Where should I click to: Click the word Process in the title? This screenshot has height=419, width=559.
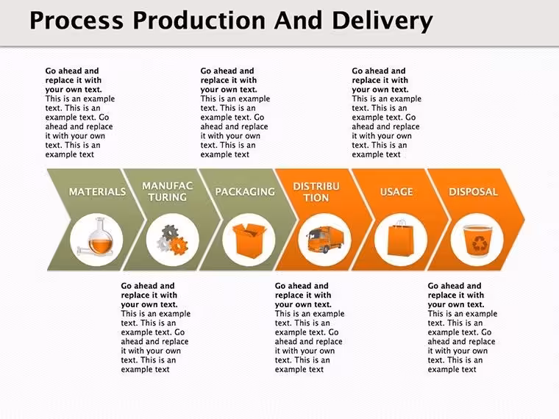[76, 21]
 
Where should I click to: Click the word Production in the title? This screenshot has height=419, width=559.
[199, 21]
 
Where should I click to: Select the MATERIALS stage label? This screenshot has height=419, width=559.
[97, 192]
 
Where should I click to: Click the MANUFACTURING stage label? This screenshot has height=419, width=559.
[168, 191]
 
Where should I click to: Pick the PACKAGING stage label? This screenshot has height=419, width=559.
[245, 192]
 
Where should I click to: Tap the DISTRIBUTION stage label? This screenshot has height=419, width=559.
[316, 192]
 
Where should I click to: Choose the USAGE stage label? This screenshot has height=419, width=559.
[396, 192]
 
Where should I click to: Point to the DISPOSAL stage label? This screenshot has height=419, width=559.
[473, 192]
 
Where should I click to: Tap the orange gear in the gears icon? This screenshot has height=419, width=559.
[178, 246]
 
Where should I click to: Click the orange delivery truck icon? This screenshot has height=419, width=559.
[325, 240]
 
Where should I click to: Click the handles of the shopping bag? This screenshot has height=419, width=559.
[401, 223]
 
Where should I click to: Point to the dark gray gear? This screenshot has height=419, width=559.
[170, 232]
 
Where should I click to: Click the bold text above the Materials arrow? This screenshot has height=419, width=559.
[73, 80]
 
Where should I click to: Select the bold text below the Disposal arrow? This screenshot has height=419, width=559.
[456, 295]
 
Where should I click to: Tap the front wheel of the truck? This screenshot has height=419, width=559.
[326, 250]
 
